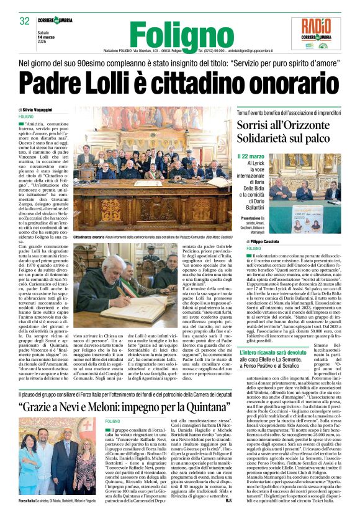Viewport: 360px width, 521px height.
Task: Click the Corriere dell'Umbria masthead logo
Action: [69, 21]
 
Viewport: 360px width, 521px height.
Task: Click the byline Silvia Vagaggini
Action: [41, 109]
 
